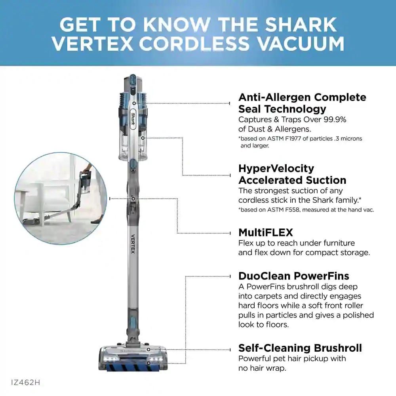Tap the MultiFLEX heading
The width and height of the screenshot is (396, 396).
tap(265, 232)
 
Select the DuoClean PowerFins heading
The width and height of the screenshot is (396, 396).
tap(293, 276)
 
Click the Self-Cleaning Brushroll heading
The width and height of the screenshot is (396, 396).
tap(300, 348)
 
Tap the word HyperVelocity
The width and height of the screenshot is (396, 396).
tap(276, 168)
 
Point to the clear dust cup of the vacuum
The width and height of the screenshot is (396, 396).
tap(133, 147)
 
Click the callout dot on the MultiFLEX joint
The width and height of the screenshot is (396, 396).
tap(134, 198)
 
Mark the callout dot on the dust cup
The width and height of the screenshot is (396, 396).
tap(143, 138)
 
